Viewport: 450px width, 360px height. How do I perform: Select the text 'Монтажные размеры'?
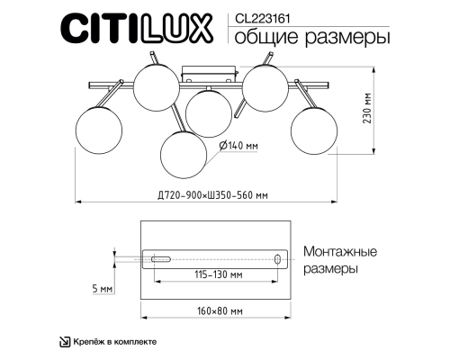coord(339,260)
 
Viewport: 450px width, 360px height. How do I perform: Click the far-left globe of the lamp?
coord(99,129)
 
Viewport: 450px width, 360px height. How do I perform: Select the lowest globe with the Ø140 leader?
coord(184,154)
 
